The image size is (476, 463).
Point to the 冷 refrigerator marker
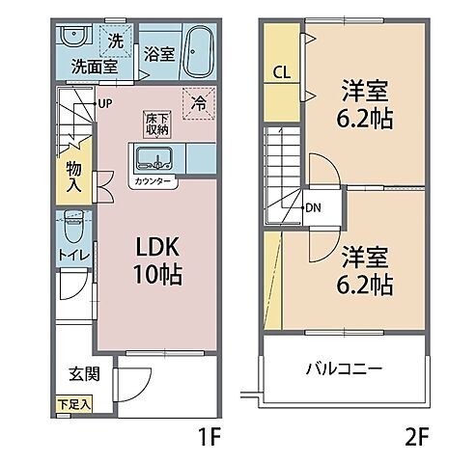click(x=199, y=99)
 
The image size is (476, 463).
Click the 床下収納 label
click(x=156, y=123)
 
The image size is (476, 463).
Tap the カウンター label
click(x=154, y=180)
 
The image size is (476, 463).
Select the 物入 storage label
click(x=74, y=174)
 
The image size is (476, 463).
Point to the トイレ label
click(x=72, y=255)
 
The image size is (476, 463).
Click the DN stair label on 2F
click(x=313, y=206)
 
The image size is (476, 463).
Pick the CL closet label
click(x=281, y=72)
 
